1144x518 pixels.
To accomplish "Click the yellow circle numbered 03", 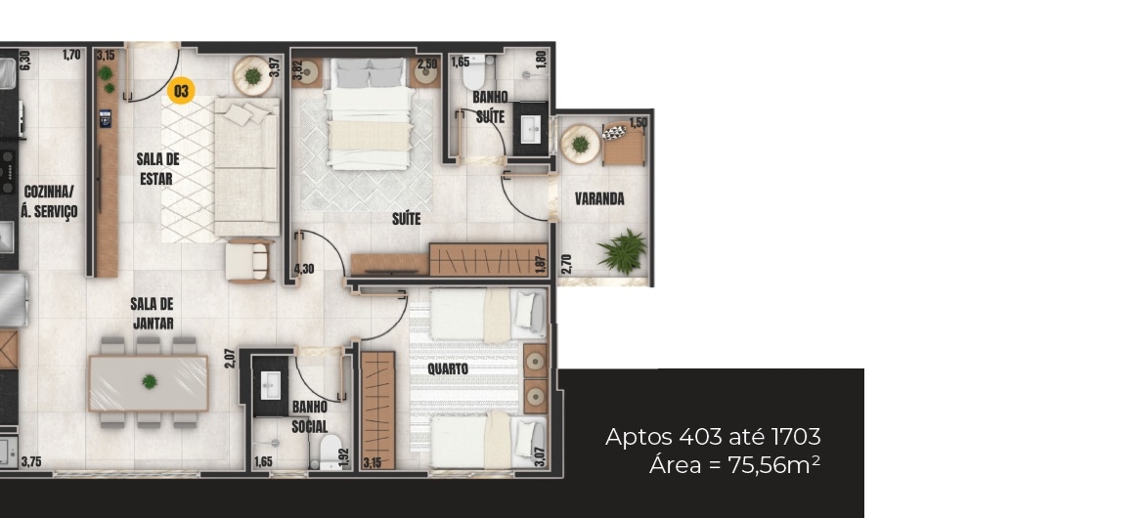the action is point(181,91).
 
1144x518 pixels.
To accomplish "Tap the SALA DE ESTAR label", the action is point(157,168).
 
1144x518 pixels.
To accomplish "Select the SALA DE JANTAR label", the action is point(153,313).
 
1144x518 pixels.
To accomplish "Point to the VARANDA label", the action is point(599,198).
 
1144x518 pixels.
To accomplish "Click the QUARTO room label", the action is point(448,369).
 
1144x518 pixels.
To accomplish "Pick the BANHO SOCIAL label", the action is point(309,416).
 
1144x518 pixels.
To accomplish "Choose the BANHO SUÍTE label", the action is point(490,107).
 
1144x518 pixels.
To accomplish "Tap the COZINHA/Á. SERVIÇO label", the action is point(49,202).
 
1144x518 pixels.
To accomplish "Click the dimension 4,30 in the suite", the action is point(303,269).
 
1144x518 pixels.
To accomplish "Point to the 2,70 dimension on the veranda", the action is point(567,263).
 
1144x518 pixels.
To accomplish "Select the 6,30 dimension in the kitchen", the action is point(24,60).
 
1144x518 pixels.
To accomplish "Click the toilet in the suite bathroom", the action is point(476,70).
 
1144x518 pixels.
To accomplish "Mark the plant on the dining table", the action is point(150,381).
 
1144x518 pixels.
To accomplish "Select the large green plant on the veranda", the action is point(622,251).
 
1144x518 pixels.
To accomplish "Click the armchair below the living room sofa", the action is point(248,261).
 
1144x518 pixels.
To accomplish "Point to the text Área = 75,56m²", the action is point(734,465).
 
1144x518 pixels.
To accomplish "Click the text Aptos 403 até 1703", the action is point(713,437).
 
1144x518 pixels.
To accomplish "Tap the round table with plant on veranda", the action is point(580,144).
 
